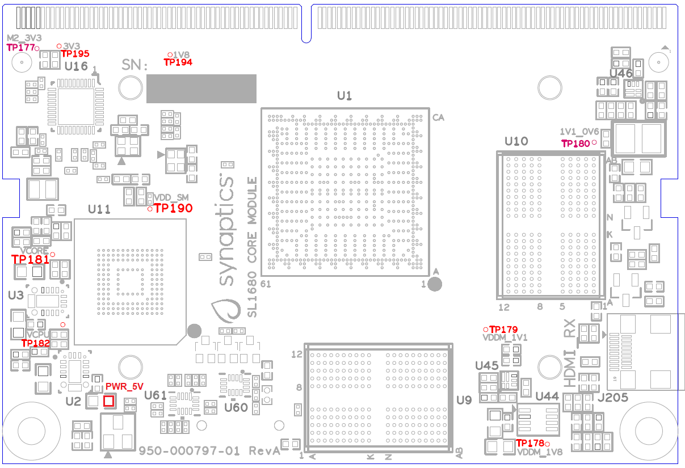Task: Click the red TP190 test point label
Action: tap(174, 208)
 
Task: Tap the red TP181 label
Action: tap(30, 259)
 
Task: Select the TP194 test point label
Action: tap(178, 62)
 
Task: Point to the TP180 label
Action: tap(575, 144)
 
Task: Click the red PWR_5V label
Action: tap(124, 387)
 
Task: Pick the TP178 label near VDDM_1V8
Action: tap(529, 443)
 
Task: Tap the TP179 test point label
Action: tap(503, 330)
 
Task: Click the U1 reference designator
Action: tap(344, 96)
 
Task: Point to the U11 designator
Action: tap(99, 209)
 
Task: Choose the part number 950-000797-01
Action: tap(190, 450)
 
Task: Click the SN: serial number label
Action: tap(135, 66)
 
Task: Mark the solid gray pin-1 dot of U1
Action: tap(435, 284)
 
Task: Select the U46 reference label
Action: tap(621, 74)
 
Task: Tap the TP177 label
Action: tap(20, 48)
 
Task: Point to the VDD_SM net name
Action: tap(171, 197)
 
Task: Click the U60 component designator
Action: tap(236, 407)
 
